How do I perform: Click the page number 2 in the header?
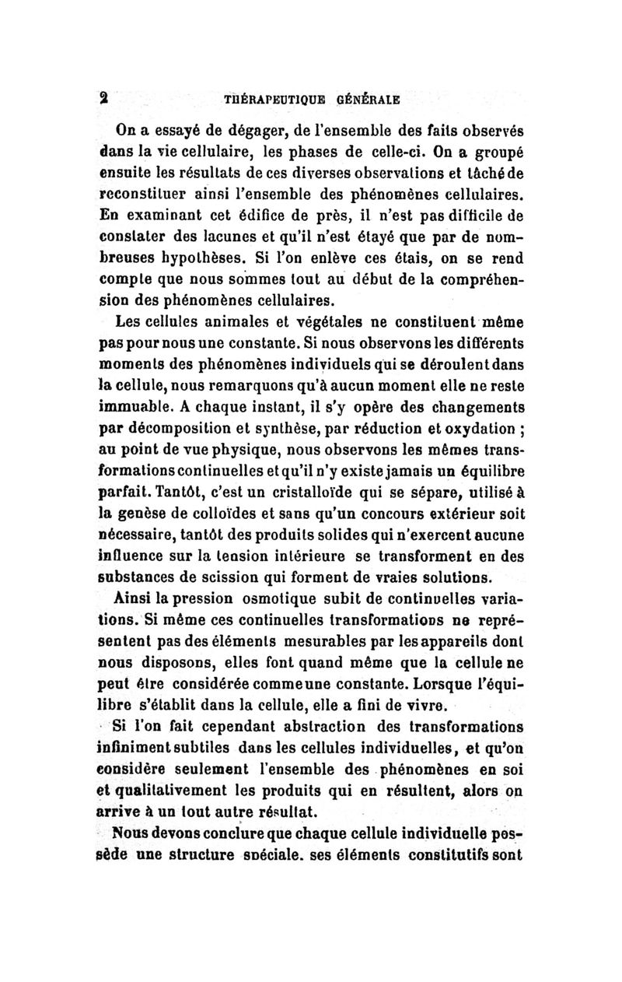pyautogui.click(x=101, y=99)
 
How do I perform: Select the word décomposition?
pyautogui.click(x=177, y=427)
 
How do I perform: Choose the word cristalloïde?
pyautogui.click(x=320, y=491)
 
